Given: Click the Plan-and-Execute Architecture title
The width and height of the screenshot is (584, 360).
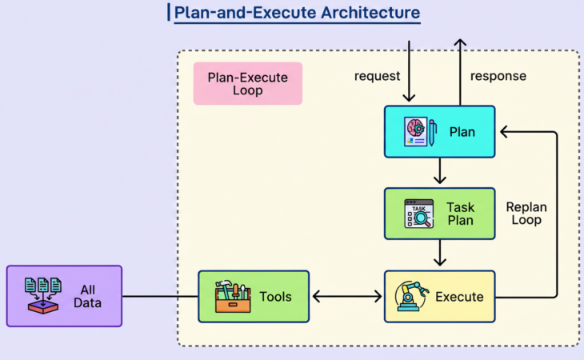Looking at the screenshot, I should (297, 13).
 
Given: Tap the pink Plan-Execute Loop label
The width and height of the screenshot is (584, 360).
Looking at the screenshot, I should (248, 83).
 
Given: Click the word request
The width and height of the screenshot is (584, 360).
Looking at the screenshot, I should (377, 76).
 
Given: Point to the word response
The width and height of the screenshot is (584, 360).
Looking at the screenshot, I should (498, 76).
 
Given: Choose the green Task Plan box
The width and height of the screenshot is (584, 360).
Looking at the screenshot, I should (439, 214).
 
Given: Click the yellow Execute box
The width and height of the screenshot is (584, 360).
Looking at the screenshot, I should (439, 296).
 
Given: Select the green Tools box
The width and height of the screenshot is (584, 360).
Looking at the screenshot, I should (254, 296).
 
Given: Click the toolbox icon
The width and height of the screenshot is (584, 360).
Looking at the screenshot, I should (233, 296).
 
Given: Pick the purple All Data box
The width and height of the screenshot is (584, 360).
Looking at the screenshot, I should (64, 296).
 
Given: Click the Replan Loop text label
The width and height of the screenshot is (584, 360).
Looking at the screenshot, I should (526, 213).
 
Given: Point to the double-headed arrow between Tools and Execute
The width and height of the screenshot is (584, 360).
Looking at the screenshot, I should (346, 297).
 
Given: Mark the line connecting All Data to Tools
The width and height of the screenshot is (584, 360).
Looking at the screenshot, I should (160, 297).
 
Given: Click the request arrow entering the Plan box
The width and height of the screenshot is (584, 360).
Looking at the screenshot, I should (410, 72).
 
